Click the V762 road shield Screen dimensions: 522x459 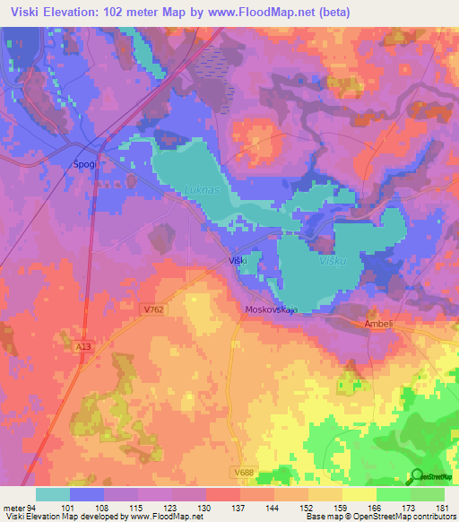tap(153, 309)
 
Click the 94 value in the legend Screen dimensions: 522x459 tap(32, 507)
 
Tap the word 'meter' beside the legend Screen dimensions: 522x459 tap(13, 507)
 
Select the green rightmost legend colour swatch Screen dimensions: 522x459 tap(427, 494)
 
